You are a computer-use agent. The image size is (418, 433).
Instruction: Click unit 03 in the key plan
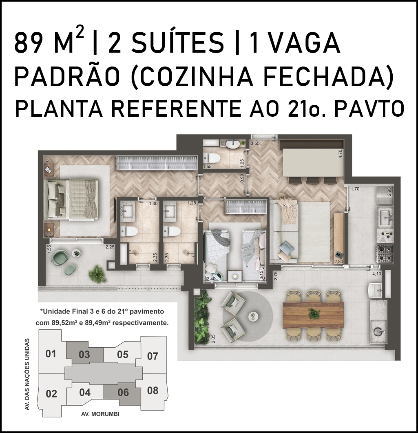(x=85, y=354)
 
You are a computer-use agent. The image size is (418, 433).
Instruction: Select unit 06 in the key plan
(x=123, y=393)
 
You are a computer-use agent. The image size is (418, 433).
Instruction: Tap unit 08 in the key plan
(x=153, y=391)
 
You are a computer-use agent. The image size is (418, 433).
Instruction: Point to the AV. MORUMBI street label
(x=100, y=414)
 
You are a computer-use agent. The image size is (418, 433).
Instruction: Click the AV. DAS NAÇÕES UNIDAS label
(x=27, y=374)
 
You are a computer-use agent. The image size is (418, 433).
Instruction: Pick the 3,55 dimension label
(x=255, y=143)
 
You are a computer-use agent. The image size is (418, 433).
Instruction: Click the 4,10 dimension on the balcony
(x=376, y=274)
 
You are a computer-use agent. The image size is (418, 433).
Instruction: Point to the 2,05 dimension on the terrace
(x=213, y=338)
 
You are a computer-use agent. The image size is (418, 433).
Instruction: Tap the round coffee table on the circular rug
(x=252, y=315)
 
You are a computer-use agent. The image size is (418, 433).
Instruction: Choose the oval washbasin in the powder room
(x=233, y=144)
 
